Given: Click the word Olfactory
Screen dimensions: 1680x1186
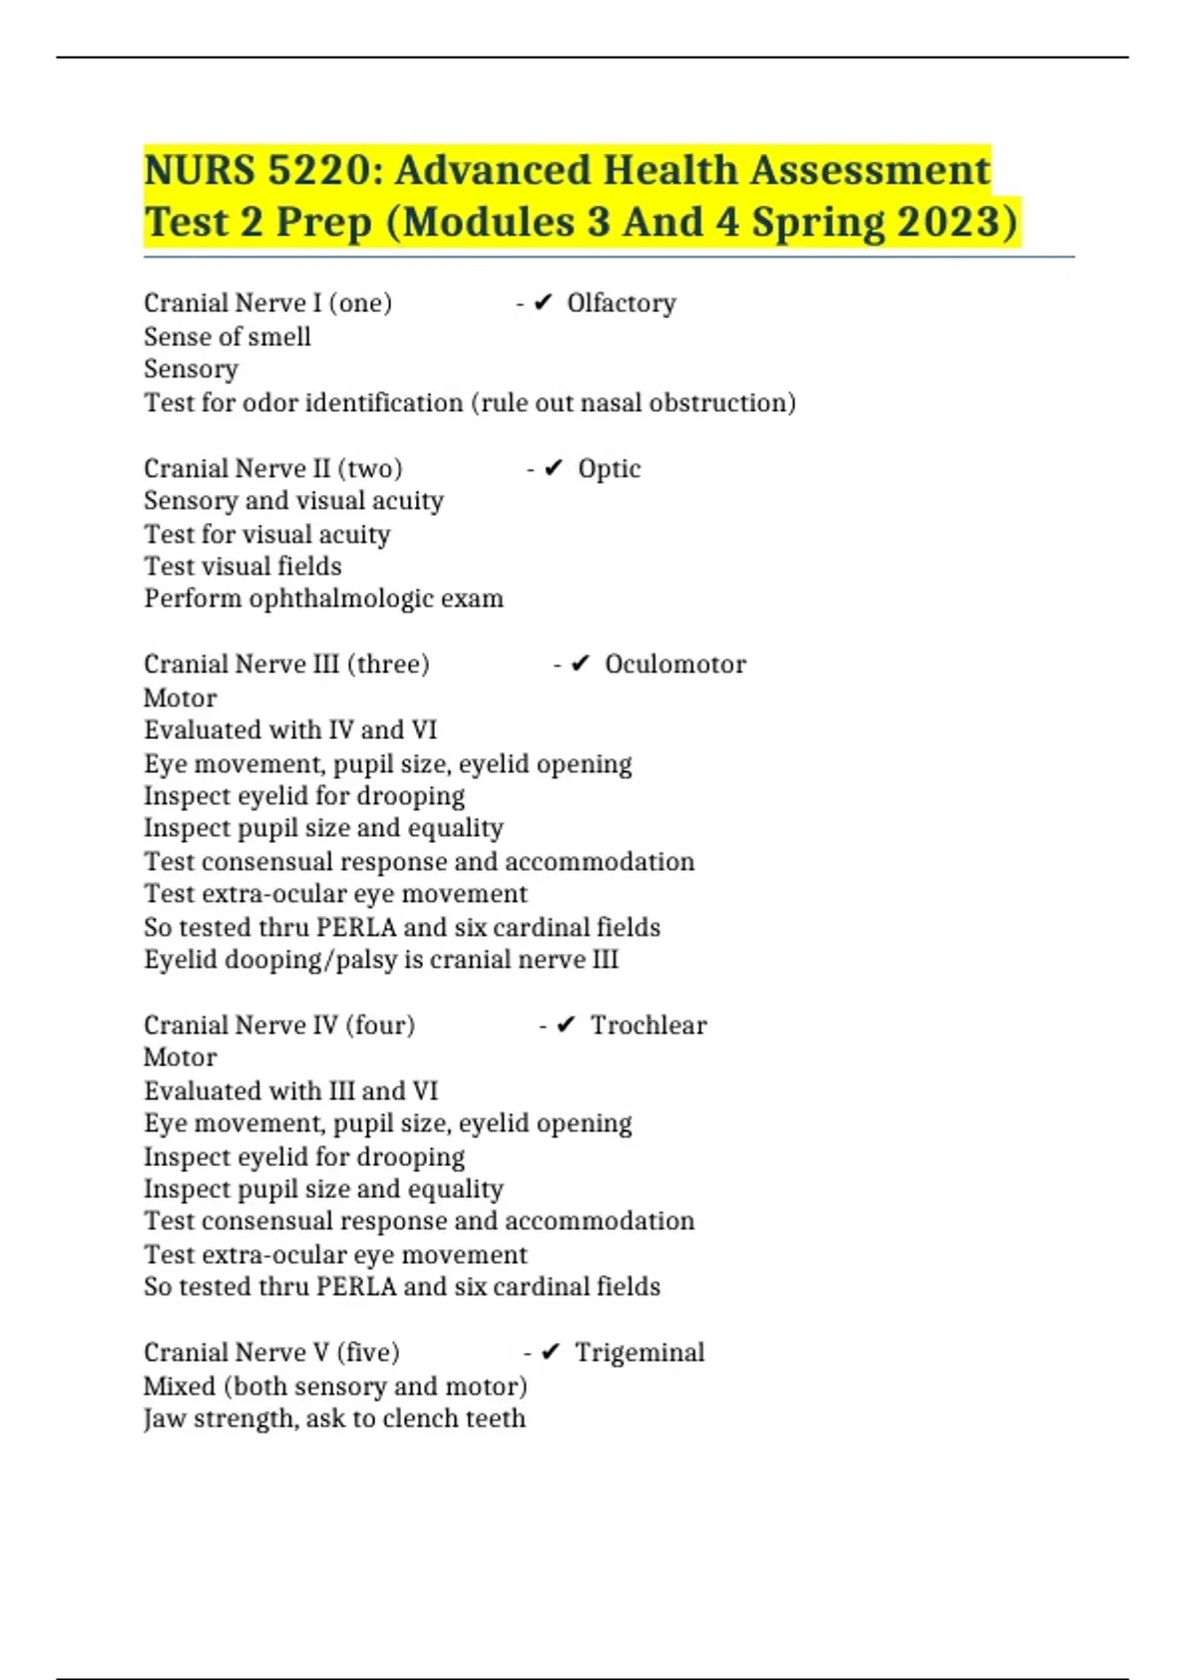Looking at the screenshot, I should pos(621,303).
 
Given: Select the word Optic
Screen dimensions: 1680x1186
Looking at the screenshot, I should pos(609,468).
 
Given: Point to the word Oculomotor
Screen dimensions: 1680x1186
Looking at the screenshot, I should pos(675,664).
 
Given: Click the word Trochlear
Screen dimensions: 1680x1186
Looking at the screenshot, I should pos(648,1026).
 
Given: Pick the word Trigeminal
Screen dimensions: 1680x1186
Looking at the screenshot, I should pos(639,1353).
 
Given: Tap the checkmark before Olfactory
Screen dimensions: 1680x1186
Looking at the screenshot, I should pos(543,303).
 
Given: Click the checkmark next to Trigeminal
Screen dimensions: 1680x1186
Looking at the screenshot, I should pos(551,1353).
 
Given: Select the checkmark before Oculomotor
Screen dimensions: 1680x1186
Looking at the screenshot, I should pos(581,664).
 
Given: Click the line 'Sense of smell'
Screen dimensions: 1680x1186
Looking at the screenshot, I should pos(227,337).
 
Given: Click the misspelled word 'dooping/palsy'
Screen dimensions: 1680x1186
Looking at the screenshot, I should pos(311,960).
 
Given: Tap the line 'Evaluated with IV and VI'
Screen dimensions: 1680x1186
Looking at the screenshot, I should pos(290,730).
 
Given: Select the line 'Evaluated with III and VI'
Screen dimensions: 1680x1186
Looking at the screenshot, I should pos(290,1091).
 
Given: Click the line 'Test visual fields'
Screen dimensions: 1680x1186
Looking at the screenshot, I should pos(242,566).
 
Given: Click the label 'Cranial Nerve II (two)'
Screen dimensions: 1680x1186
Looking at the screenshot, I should pos(273,468).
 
